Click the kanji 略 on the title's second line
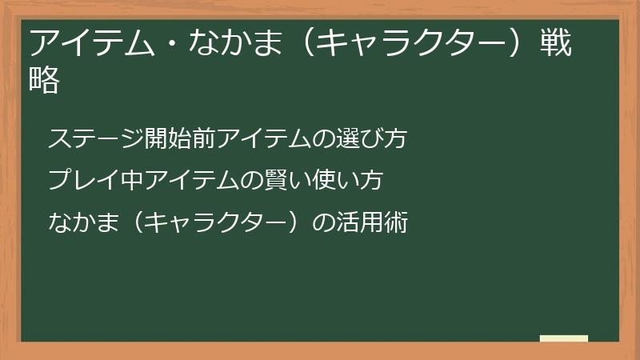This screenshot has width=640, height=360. [x=46, y=81]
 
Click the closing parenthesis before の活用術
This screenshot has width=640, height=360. [x=298, y=222]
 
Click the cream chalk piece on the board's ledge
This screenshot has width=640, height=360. [x=564, y=338]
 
